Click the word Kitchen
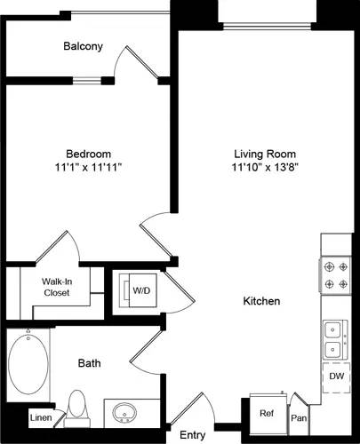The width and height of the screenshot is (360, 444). click(x=261, y=302)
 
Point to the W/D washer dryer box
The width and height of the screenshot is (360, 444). click(x=140, y=289)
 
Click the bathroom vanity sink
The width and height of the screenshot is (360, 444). click(x=124, y=413)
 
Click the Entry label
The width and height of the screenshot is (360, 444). click(x=193, y=435)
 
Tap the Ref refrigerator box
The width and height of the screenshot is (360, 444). click(x=266, y=412)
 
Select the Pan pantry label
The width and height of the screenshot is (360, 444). click(x=299, y=417)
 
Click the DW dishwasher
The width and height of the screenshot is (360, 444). click(x=337, y=377)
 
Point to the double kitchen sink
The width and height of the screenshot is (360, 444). click(x=336, y=340)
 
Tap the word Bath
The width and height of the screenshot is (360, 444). click(x=90, y=363)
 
